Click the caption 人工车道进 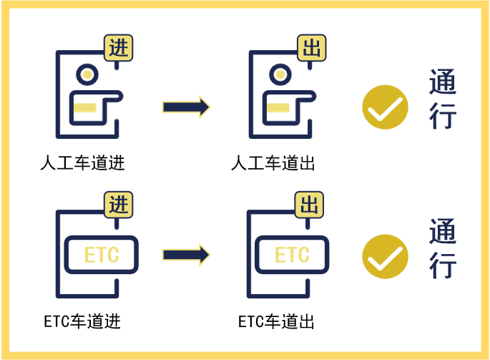coord(82,163)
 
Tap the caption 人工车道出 coord(273,163)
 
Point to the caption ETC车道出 coord(276,320)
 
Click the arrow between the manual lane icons coord(186,107)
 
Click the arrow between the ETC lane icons coord(186,254)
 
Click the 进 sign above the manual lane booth coord(119,49)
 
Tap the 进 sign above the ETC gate coord(119,205)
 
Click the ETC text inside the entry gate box coord(102,255)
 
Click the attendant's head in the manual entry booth coord(87,74)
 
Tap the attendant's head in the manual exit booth coord(278,74)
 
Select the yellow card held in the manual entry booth coord(85,108)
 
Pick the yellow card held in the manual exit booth coord(277,108)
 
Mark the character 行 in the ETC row coord(443,267)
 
